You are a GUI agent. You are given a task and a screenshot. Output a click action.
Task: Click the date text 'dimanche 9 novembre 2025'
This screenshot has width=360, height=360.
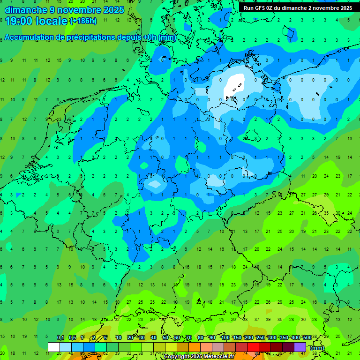(64, 10)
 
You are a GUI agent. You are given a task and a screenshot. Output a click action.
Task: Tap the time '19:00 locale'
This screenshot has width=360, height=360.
(36, 21)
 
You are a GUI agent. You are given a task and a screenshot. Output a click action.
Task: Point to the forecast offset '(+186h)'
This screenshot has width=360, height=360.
(83, 21)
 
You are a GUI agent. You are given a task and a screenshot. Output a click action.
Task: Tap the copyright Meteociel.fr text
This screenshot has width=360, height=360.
(199, 357)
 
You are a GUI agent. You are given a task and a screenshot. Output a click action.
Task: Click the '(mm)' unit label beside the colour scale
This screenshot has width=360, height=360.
(317, 347)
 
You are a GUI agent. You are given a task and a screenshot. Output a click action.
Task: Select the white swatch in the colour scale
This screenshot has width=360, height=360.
(54, 347)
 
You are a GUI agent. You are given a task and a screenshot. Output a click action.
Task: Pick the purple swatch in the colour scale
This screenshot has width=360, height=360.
(300, 347)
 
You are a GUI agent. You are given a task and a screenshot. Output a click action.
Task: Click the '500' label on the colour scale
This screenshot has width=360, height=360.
(307, 338)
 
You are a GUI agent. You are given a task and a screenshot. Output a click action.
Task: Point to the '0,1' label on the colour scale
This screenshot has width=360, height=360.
(60, 338)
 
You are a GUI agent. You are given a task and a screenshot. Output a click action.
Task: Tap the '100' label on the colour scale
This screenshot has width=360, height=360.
(225, 338)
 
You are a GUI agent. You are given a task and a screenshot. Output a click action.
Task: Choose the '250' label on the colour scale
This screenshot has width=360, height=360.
(260, 338)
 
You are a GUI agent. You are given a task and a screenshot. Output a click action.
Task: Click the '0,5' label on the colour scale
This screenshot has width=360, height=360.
(72, 338)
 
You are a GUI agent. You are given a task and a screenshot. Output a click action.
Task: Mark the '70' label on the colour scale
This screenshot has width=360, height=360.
(189, 338)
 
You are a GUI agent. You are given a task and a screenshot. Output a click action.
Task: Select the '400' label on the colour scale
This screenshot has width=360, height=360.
(295, 338)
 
